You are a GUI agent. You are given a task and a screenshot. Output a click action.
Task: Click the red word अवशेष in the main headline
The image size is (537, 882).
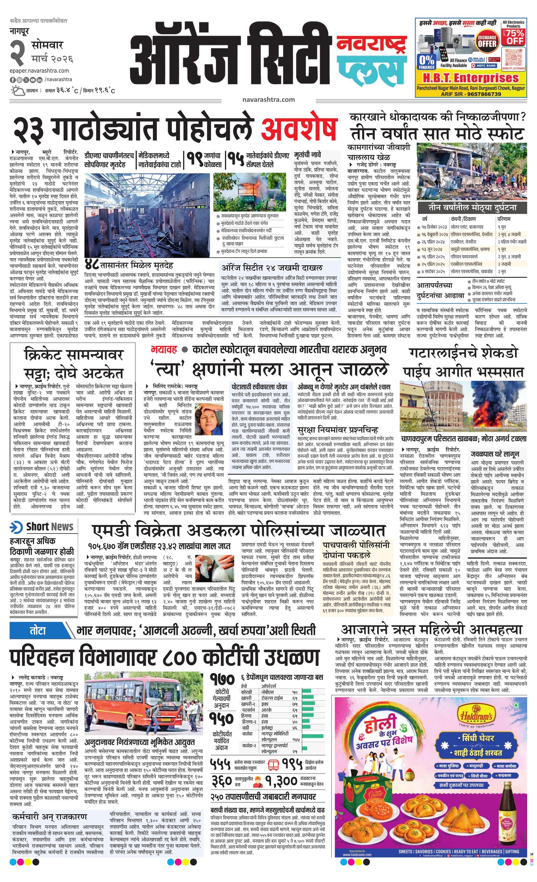pyautogui.click(x=299, y=130)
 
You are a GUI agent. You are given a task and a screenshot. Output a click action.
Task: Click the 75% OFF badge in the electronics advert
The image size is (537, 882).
pyautogui.click(x=513, y=36)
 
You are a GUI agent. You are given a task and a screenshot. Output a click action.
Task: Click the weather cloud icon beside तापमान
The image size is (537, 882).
pyautogui.click(x=17, y=90)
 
